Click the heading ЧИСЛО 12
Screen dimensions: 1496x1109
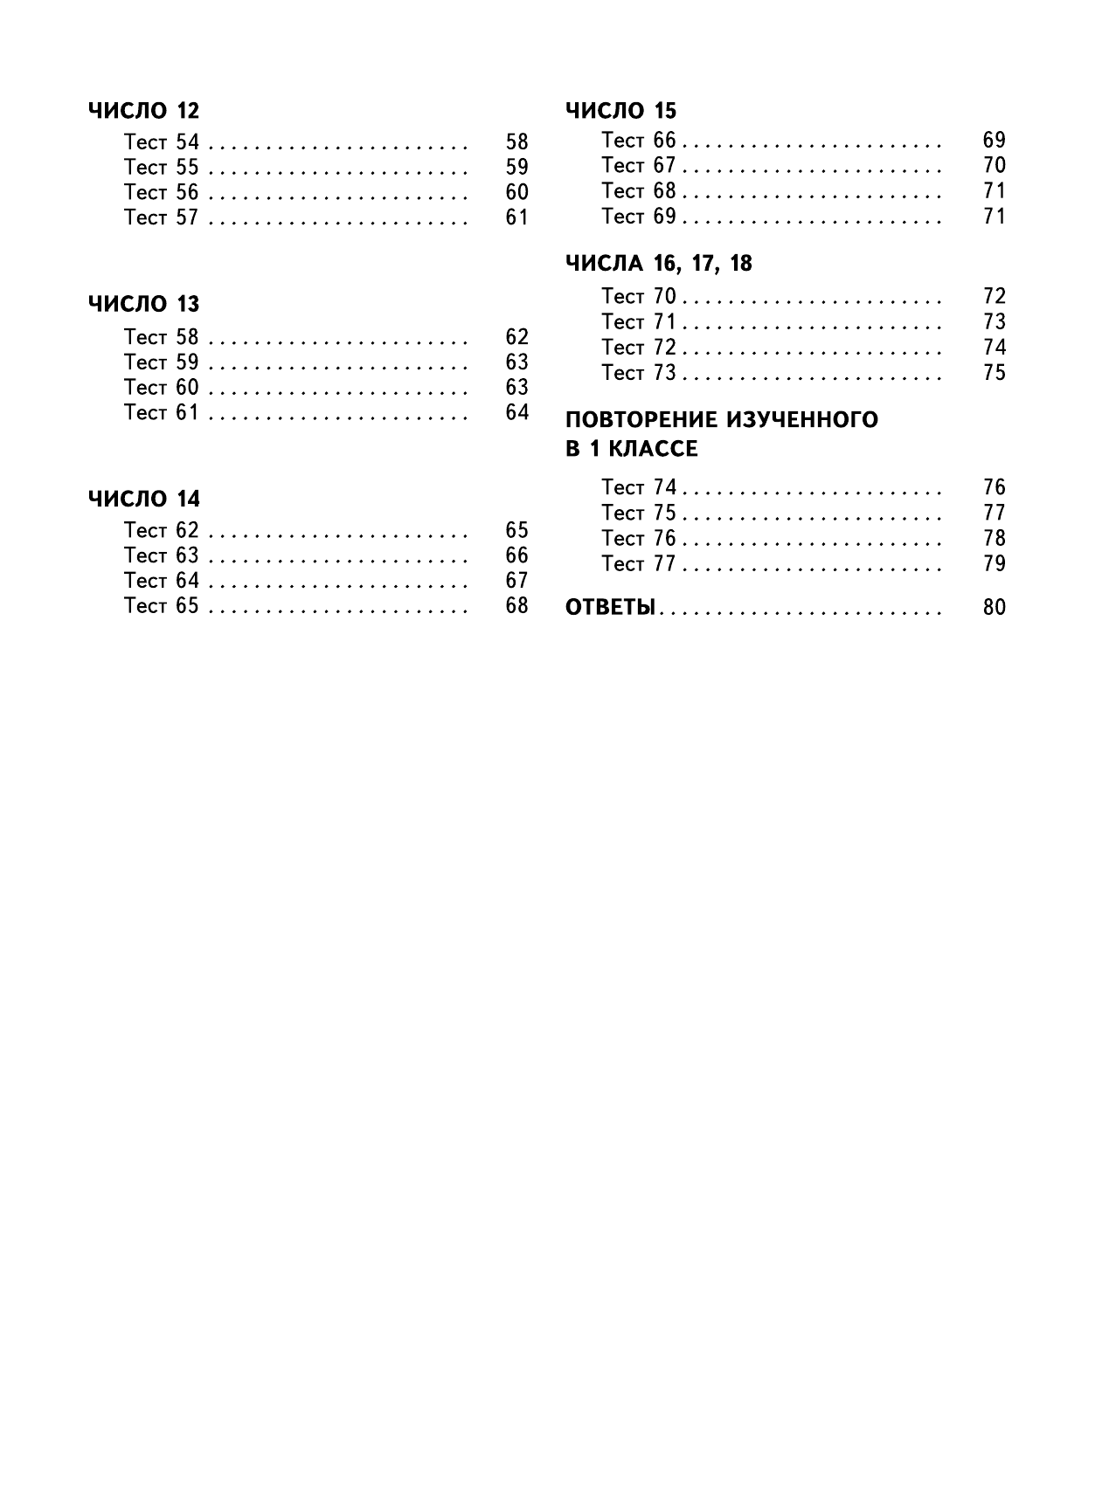[x=143, y=111]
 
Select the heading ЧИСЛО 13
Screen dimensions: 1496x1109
[x=143, y=305]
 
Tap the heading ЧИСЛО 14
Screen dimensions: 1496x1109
[x=143, y=500]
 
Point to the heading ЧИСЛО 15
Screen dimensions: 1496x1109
[x=620, y=111]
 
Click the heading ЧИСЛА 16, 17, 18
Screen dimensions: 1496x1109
[x=658, y=264]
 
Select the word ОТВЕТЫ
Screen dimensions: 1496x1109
[x=610, y=608]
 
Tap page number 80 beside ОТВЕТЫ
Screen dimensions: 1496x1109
[x=994, y=608]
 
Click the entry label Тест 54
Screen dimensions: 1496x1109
[x=162, y=142]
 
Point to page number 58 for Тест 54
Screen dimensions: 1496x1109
[x=516, y=142]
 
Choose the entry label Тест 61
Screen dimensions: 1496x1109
[x=162, y=413]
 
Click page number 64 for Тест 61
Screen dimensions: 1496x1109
[x=516, y=413]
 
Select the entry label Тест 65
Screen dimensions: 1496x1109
[x=162, y=606]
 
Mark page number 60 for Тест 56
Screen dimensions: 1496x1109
[x=516, y=193]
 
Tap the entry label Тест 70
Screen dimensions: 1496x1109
[x=639, y=297]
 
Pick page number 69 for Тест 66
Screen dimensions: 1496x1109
[x=994, y=141]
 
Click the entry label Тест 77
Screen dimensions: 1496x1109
[x=639, y=564]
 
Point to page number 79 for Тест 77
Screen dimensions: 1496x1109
[x=994, y=564]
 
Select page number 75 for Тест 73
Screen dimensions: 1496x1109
[x=994, y=373]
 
